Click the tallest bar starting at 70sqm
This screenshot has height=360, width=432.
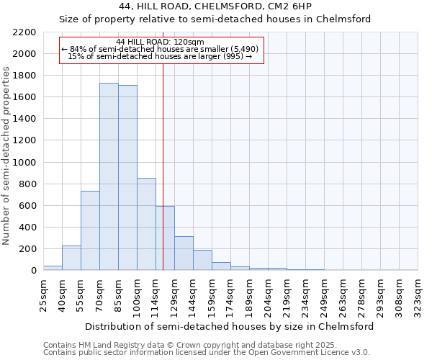[x=109, y=176]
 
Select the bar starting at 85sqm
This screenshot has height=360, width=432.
[x=127, y=177]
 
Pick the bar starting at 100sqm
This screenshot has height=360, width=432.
[x=146, y=224]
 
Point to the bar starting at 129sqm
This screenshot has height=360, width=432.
[x=184, y=253]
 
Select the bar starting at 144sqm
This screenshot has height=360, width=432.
[x=202, y=260]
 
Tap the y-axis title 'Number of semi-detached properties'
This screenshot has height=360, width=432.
[x=7, y=155]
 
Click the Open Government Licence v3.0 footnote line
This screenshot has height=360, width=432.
[x=206, y=353]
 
